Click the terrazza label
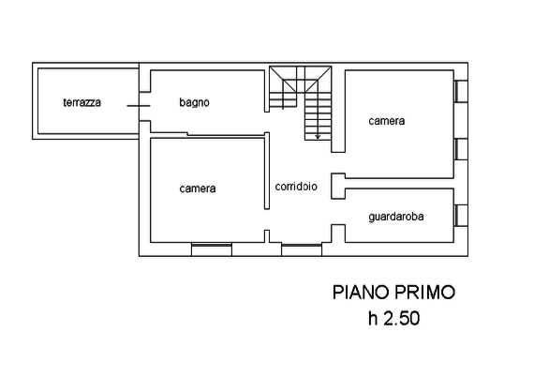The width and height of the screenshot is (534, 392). point(82,102)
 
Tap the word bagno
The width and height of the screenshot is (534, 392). point(194,102)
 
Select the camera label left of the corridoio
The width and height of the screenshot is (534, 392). point(198,188)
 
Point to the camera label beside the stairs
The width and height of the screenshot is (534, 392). point(387,121)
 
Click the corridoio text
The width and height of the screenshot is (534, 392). point(296,186)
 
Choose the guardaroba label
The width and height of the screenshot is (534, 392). point(396,217)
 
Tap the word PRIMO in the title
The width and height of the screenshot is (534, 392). point(425,293)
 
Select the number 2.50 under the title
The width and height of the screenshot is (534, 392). point(402,319)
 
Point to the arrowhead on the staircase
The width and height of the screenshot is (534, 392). point(318,137)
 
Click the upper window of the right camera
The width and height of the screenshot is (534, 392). point(461,91)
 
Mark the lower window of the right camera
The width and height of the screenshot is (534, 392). point(461,149)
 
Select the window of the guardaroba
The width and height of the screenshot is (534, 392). point(461,216)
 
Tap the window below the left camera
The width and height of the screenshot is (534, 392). point(212,249)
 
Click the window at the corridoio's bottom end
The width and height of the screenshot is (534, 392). point(302,249)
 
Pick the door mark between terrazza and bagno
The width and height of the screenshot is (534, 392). point(139,106)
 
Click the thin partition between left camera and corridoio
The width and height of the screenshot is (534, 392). point(267,171)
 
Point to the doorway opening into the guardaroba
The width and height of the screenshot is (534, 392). point(338,212)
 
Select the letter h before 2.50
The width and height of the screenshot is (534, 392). point(373,319)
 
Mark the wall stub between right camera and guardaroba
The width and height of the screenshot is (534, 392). point(338,186)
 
